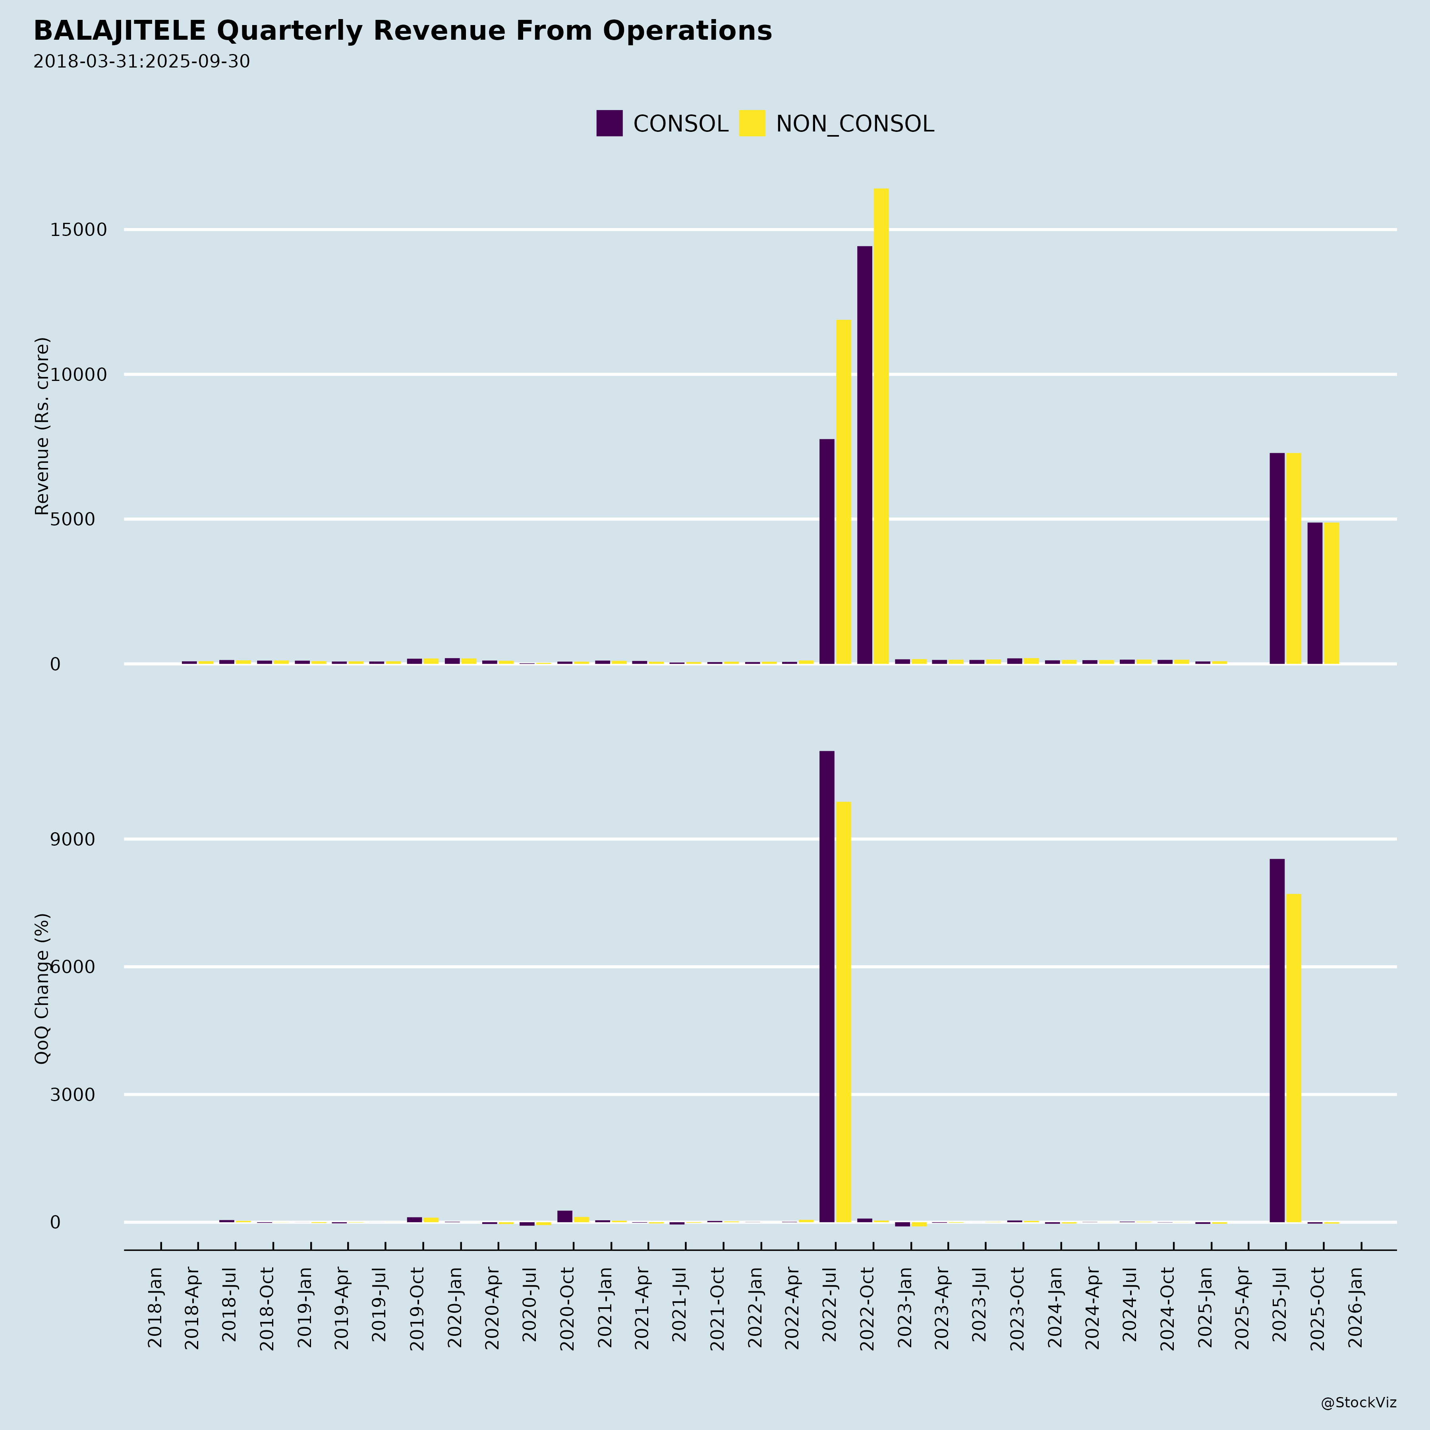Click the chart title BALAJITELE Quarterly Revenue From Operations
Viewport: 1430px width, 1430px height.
[x=403, y=31]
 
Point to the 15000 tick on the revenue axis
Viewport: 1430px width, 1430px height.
[x=79, y=230]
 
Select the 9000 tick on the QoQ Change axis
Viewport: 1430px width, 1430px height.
[x=73, y=839]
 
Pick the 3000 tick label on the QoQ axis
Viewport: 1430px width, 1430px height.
[x=73, y=1095]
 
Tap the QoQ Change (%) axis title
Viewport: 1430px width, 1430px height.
[x=42, y=988]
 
